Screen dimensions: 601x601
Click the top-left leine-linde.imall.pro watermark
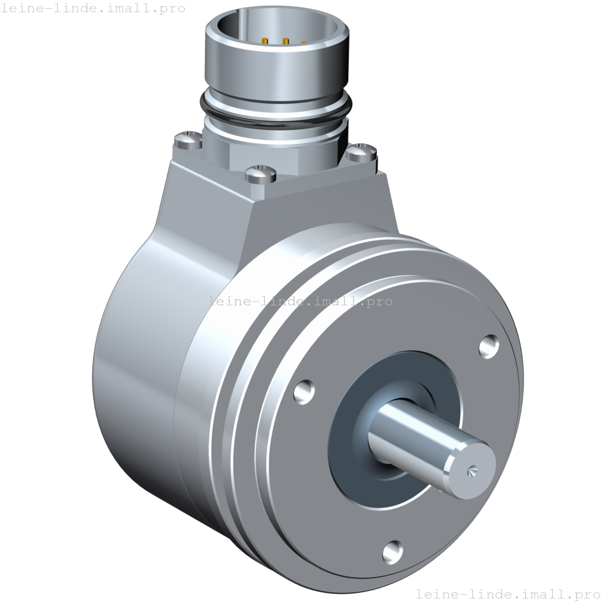(x=93, y=9)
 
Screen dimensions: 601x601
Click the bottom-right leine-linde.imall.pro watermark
(x=507, y=593)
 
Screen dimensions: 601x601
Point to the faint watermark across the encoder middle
(x=300, y=301)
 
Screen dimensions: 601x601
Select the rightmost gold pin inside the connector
(x=304, y=43)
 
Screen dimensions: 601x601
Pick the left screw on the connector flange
(x=187, y=139)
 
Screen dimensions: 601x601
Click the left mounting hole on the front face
(x=304, y=391)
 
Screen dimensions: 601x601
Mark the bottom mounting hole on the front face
(x=392, y=552)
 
